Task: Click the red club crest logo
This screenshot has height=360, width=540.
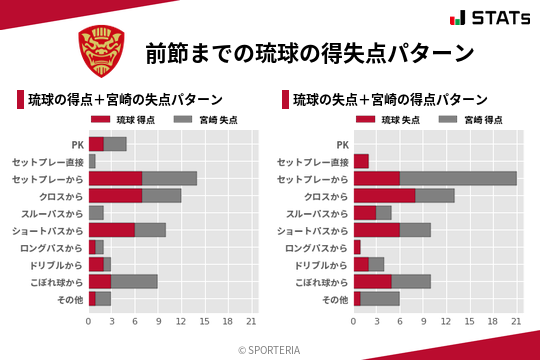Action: point(102,51)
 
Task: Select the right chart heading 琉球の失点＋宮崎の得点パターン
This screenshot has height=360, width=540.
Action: point(390,100)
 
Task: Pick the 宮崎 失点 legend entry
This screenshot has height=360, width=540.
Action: point(203,120)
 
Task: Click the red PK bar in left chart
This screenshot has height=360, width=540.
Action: point(96,143)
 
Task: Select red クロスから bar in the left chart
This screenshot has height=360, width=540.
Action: point(115,195)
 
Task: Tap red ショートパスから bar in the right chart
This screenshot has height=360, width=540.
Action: point(377,229)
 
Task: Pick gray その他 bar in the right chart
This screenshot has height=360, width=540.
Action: point(380,298)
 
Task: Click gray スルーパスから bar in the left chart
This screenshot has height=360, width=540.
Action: point(96,212)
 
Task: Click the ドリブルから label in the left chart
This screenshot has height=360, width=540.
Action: point(58,264)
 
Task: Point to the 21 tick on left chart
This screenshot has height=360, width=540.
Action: point(251,322)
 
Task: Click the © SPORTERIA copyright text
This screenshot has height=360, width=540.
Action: point(270,349)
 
